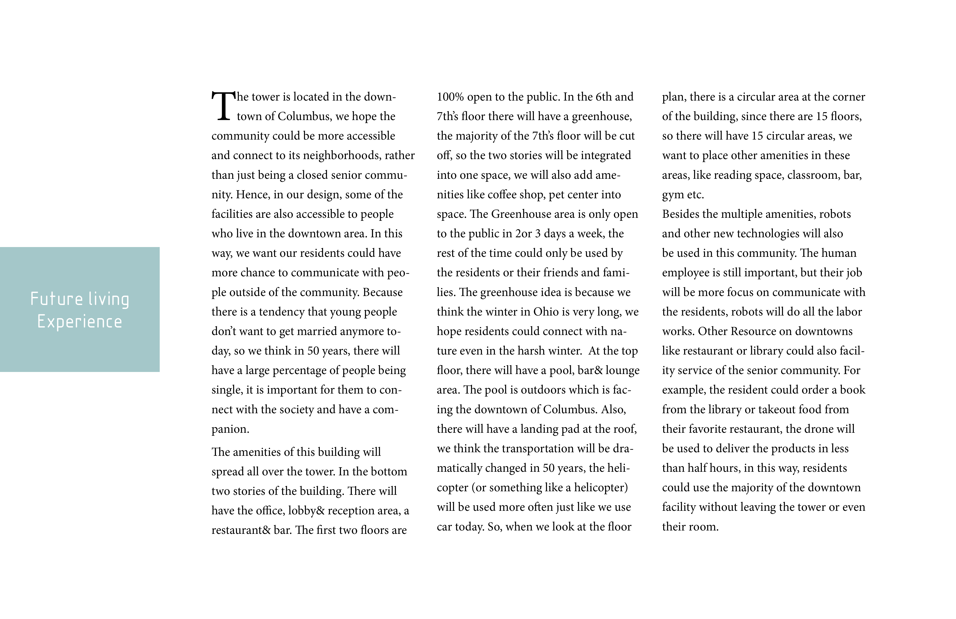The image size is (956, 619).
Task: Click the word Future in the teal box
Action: tap(57, 299)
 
